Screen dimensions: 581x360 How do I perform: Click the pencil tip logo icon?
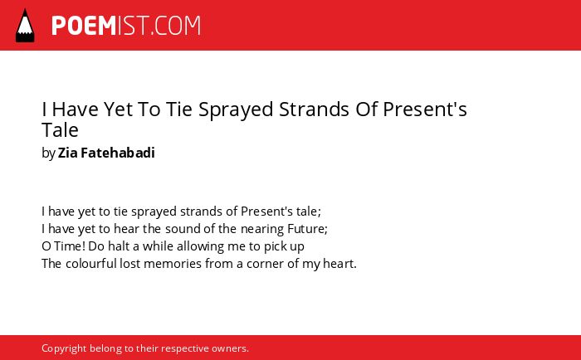pyautogui.click(x=25, y=26)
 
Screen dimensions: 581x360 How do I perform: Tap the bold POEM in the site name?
pyautogui.click(x=84, y=26)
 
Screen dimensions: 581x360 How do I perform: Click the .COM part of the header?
pyautogui.click(x=175, y=26)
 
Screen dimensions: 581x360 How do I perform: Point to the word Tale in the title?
pyautogui.click(x=60, y=130)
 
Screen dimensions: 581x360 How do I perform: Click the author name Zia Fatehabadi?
pyautogui.click(x=106, y=153)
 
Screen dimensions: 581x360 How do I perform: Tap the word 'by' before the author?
pyautogui.click(x=48, y=153)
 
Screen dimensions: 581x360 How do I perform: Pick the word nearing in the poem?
pyautogui.click(x=262, y=229)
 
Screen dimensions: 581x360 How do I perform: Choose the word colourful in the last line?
pyautogui.click(x=91, y=263)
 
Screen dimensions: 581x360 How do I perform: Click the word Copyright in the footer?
pyautogui.click(x=64, y=348)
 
